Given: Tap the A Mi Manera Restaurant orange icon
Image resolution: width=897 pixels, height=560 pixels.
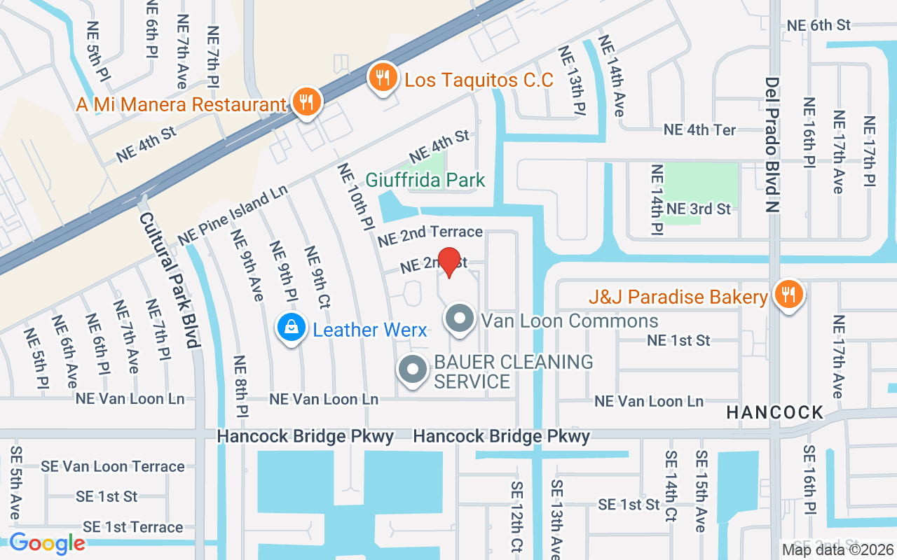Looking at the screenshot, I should pyautogui.click(x=306, y=101).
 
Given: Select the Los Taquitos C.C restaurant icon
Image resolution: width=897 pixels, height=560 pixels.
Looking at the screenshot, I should pyautogui.click(x=383, y=77).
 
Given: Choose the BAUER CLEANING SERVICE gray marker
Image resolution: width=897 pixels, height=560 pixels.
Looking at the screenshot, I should pyautogui.click(x=413, y=370).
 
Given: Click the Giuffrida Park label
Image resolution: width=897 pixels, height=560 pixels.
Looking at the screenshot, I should pyautogui.click(x=425, y=180).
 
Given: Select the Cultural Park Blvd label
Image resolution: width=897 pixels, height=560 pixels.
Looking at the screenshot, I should pyautogui.click(x=170, y=280).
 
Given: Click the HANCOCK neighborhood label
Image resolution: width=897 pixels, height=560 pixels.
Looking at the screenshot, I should pyautogui.click(x=774, y=412).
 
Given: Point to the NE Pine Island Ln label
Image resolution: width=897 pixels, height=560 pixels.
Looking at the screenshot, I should pyautogui.click(x=233, y=215).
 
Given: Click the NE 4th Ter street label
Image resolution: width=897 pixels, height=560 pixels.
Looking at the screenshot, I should pyautogui.click(x=699, y=130).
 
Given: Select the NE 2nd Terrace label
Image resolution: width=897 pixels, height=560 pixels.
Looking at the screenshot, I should pyautogui.click(x=430, y=235).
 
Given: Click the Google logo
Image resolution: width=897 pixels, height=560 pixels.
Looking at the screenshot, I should pyautogui.click(x=47, y=543).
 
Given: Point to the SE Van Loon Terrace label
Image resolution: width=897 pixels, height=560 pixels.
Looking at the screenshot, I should pyautogui.click(x=112, y=466).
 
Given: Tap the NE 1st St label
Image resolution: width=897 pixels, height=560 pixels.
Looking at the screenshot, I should pyautogui.click(x=678, y=340).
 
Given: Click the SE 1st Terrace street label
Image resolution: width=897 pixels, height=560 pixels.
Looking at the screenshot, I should pyautogui.click(x=132, y=526).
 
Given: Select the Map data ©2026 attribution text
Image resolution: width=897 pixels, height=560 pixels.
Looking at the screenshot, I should pyautogui.click(x=838, y=549).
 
